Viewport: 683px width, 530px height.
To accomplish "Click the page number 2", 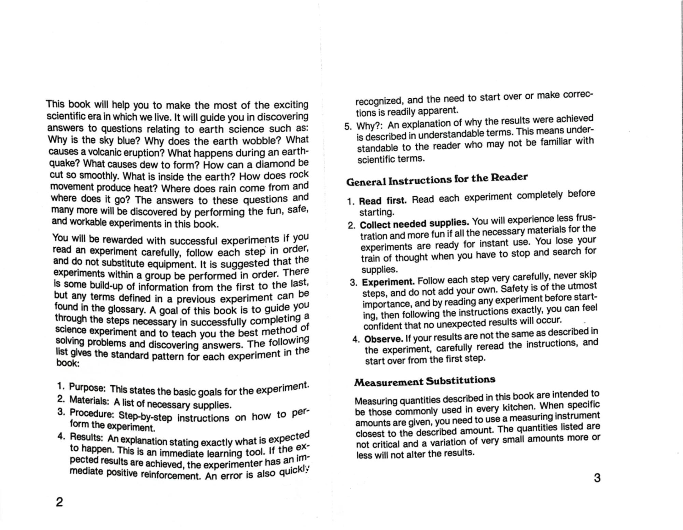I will point(59,502).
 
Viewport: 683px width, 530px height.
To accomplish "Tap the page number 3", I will point(597,478).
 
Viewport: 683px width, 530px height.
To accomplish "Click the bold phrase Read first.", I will point(382,200).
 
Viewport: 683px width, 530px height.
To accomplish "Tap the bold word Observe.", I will point(384,339).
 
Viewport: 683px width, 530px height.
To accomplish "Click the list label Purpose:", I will point(87,388).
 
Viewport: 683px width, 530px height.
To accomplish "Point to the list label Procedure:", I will point(92,413).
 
